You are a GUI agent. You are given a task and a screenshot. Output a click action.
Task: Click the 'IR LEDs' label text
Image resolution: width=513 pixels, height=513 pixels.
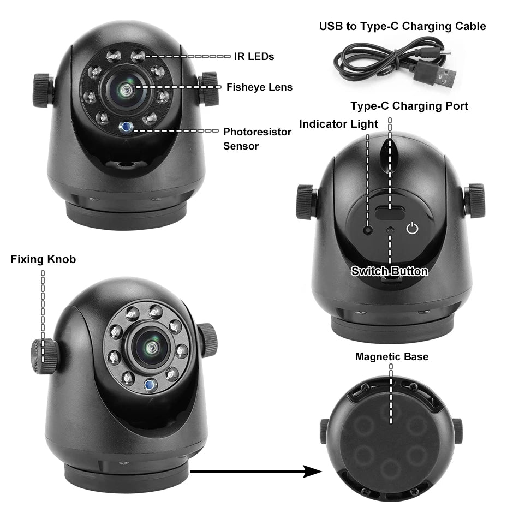click(x=254, y=56)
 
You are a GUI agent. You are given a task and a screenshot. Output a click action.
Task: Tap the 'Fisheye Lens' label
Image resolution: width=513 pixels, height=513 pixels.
click(x=259, y=87)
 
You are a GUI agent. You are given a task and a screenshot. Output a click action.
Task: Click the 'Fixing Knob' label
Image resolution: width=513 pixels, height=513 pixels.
click(x=43, y=259)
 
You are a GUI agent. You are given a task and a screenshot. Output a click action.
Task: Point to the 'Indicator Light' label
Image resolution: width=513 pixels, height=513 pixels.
click(x=338, y=124)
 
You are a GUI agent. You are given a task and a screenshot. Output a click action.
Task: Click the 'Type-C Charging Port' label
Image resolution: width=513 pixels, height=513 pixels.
click(x=409, y=106)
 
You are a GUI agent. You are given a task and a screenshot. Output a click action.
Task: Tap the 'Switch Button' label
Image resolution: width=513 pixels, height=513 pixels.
click(x=389, y=271)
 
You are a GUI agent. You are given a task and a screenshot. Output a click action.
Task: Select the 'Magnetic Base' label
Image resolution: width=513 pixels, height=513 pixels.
click(x=391, y=357)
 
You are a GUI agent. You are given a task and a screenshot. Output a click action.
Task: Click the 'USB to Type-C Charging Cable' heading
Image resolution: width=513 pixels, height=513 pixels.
click(x=402, y=26)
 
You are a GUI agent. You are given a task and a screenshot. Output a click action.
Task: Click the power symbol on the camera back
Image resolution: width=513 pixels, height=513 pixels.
click(x=413, y=228)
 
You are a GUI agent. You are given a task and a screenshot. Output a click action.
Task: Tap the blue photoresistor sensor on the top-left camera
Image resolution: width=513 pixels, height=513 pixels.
click(x=127, y=127)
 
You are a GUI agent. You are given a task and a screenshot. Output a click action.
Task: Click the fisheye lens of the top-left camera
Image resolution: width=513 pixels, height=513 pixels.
click(x=127, y=89)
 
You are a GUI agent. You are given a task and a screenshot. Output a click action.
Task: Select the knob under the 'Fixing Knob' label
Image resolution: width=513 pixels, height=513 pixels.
click(x=44, y=356)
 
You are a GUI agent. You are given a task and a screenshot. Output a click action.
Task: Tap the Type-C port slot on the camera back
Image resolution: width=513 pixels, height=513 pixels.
click(x=390, y=213)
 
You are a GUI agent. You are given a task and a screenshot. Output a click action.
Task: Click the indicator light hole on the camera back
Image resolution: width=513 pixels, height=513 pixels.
click(x=369, y=230)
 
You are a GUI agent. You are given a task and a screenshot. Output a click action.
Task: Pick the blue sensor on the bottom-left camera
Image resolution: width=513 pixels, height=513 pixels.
click(x=148, y=385)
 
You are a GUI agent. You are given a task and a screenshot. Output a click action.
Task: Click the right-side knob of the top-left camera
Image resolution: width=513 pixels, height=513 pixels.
click(x=208, y=89)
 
